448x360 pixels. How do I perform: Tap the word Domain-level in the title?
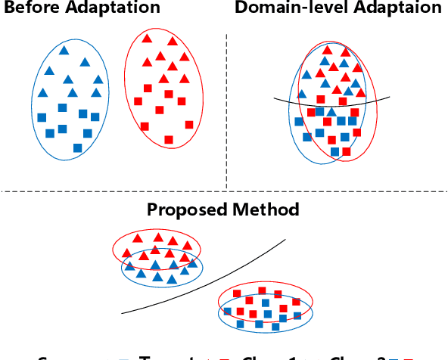click(281, 8)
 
